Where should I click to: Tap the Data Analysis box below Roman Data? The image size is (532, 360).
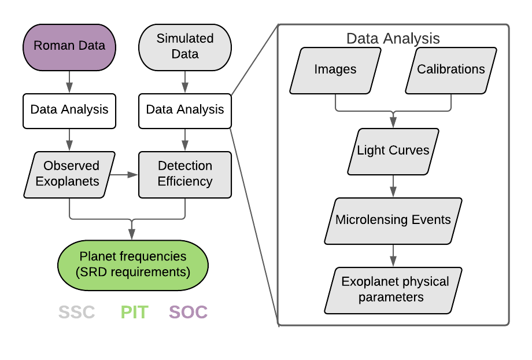coord(69,110)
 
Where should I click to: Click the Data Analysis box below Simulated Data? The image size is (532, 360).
coord(185,110)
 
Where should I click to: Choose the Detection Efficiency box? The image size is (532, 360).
coord(185,174)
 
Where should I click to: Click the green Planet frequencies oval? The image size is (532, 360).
coord(133,264)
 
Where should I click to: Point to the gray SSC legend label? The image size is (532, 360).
coord(76,313)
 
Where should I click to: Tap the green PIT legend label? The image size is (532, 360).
coord(134,313)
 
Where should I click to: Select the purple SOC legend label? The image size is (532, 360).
coord(188,313)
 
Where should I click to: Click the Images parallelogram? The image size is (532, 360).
coord(335,70)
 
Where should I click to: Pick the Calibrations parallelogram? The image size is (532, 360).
coord(451,70)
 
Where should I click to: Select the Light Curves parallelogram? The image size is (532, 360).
coord(393,151)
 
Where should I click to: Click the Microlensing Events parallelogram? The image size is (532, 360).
coord(393,221)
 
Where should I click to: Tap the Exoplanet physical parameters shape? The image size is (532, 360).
coord(393,290)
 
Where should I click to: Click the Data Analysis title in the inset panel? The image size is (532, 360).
coord(393,39)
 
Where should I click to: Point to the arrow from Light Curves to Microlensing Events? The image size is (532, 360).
coord(393,185)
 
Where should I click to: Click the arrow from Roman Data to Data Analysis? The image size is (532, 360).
coord(69,81)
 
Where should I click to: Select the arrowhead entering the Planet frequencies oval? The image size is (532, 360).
coord(132,235)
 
